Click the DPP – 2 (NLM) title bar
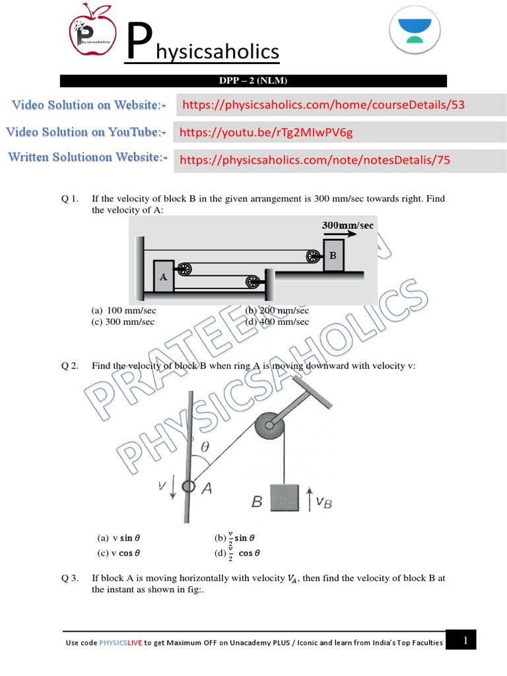[253, 81]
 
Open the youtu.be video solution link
[267, 133]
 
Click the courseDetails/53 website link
[323, 105]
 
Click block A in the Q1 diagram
[163, 277]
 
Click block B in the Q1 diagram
[333, 255]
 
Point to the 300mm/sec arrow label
[347, 226]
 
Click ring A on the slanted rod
[189, 487]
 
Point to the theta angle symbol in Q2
[205, 446]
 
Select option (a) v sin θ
[119, 538]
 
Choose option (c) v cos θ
[119, 554]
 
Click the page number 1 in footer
[465, 640]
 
